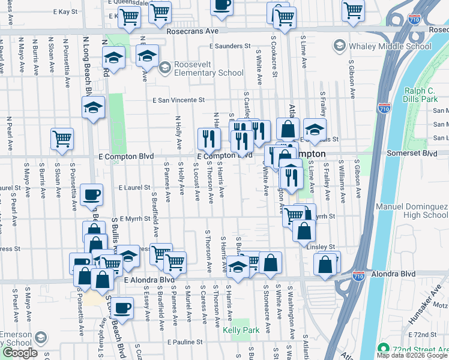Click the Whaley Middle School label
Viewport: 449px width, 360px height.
click(388, 46)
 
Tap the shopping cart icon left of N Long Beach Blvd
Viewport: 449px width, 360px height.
click(62, 139)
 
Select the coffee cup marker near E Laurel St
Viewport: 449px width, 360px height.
click(91, 194)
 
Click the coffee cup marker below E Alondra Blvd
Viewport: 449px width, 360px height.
click(122, 308)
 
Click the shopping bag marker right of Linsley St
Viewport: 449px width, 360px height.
click(325, 263)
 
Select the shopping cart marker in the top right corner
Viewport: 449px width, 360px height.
click(353, 8)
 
